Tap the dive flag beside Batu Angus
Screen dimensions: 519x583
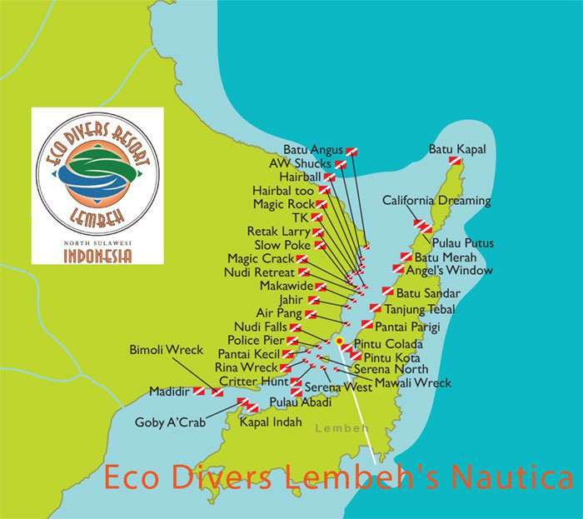click(351, 151)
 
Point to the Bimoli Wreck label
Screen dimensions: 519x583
click(167, 351)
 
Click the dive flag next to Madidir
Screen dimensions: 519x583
click(200, 391)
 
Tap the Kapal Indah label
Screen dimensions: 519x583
click(270, 422)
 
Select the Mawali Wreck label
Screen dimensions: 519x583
click(412, 383)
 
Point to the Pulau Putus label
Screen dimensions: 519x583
click(463, 243)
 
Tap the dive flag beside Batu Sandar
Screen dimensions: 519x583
click(387, 292)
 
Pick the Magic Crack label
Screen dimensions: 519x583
click(261, 258)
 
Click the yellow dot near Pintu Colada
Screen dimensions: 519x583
click(340, 341)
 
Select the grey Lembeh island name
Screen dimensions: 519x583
click(341, 428)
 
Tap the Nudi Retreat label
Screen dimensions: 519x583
click(260, 272)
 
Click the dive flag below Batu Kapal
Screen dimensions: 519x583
click(455, 161)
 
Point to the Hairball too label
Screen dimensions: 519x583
click(283, 190)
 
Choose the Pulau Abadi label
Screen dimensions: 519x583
click(300, 402)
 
